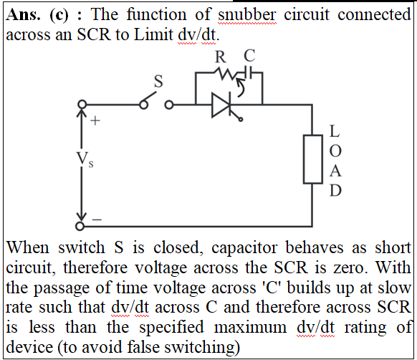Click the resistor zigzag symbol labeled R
point(226,72)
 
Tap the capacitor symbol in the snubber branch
point(249,72)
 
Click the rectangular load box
point(313,159)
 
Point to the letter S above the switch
point(158,81)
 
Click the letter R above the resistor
point(221,57)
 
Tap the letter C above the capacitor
point(249,55)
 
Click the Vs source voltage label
point(85,159)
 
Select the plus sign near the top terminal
point(95,121)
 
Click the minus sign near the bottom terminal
point(97,219)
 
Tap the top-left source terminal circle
point(82,104)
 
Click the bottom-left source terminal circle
point(80,226)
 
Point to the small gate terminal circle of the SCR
point(241,120)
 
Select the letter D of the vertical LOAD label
point(335,190)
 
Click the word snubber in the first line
point(246,14)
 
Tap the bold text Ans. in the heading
point(24,14)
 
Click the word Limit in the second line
point(153,34)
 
